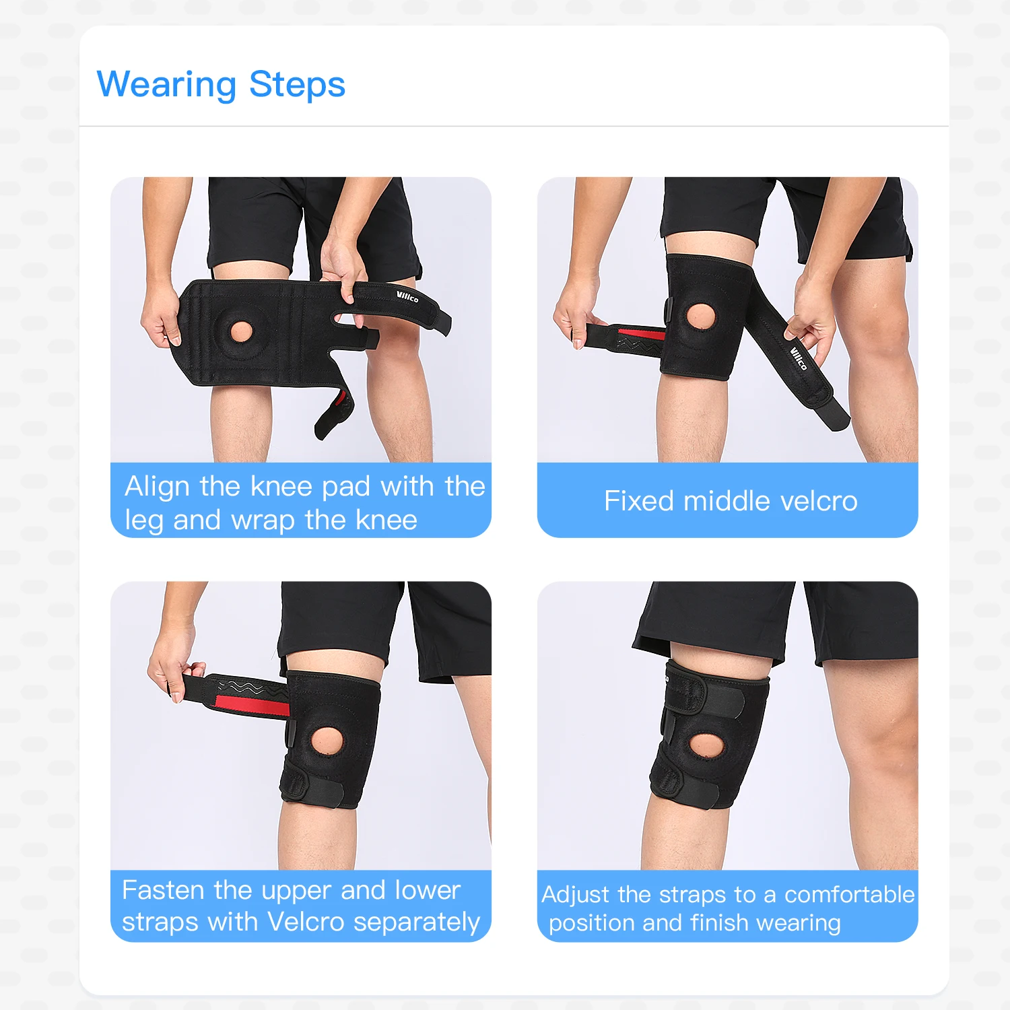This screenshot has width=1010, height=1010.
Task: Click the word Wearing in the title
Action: [x=166, y=86]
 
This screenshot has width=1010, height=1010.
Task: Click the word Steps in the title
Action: [x=297, y=86]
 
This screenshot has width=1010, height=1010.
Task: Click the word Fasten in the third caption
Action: [x=162, y=890]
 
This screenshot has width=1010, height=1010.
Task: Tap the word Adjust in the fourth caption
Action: [x=576, y=894]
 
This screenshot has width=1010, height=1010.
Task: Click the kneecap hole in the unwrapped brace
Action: [x=240, y=331]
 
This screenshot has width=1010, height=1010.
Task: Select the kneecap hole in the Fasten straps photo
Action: [x=327, y=740]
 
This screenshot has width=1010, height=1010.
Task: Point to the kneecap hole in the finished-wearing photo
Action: [x=705, y=745]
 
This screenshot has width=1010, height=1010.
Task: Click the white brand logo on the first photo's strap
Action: [x=407, y=296]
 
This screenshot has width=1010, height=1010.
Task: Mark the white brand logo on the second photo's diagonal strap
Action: [x=798, y=358]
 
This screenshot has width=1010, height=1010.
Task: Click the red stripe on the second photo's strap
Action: [x=641, y=333]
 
